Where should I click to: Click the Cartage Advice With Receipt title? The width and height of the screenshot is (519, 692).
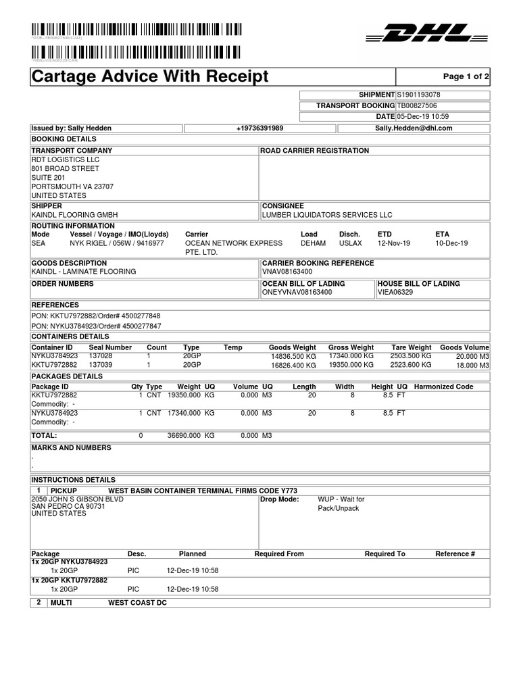coord(150,77)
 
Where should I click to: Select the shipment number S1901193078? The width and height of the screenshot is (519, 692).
coord(418,95)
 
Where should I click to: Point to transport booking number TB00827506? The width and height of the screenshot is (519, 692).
coord(416,106)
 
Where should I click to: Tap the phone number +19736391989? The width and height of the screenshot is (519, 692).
coord(259,128)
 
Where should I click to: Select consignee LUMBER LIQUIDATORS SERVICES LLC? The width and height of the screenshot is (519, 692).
coord(327,215)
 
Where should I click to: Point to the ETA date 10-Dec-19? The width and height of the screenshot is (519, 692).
coord(451,243)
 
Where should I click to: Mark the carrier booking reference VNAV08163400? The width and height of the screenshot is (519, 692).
coord(288,272)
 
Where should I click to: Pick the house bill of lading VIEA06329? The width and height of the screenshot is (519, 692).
coord(395,293)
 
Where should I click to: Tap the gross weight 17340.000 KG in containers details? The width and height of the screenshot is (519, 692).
coord(351,355)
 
